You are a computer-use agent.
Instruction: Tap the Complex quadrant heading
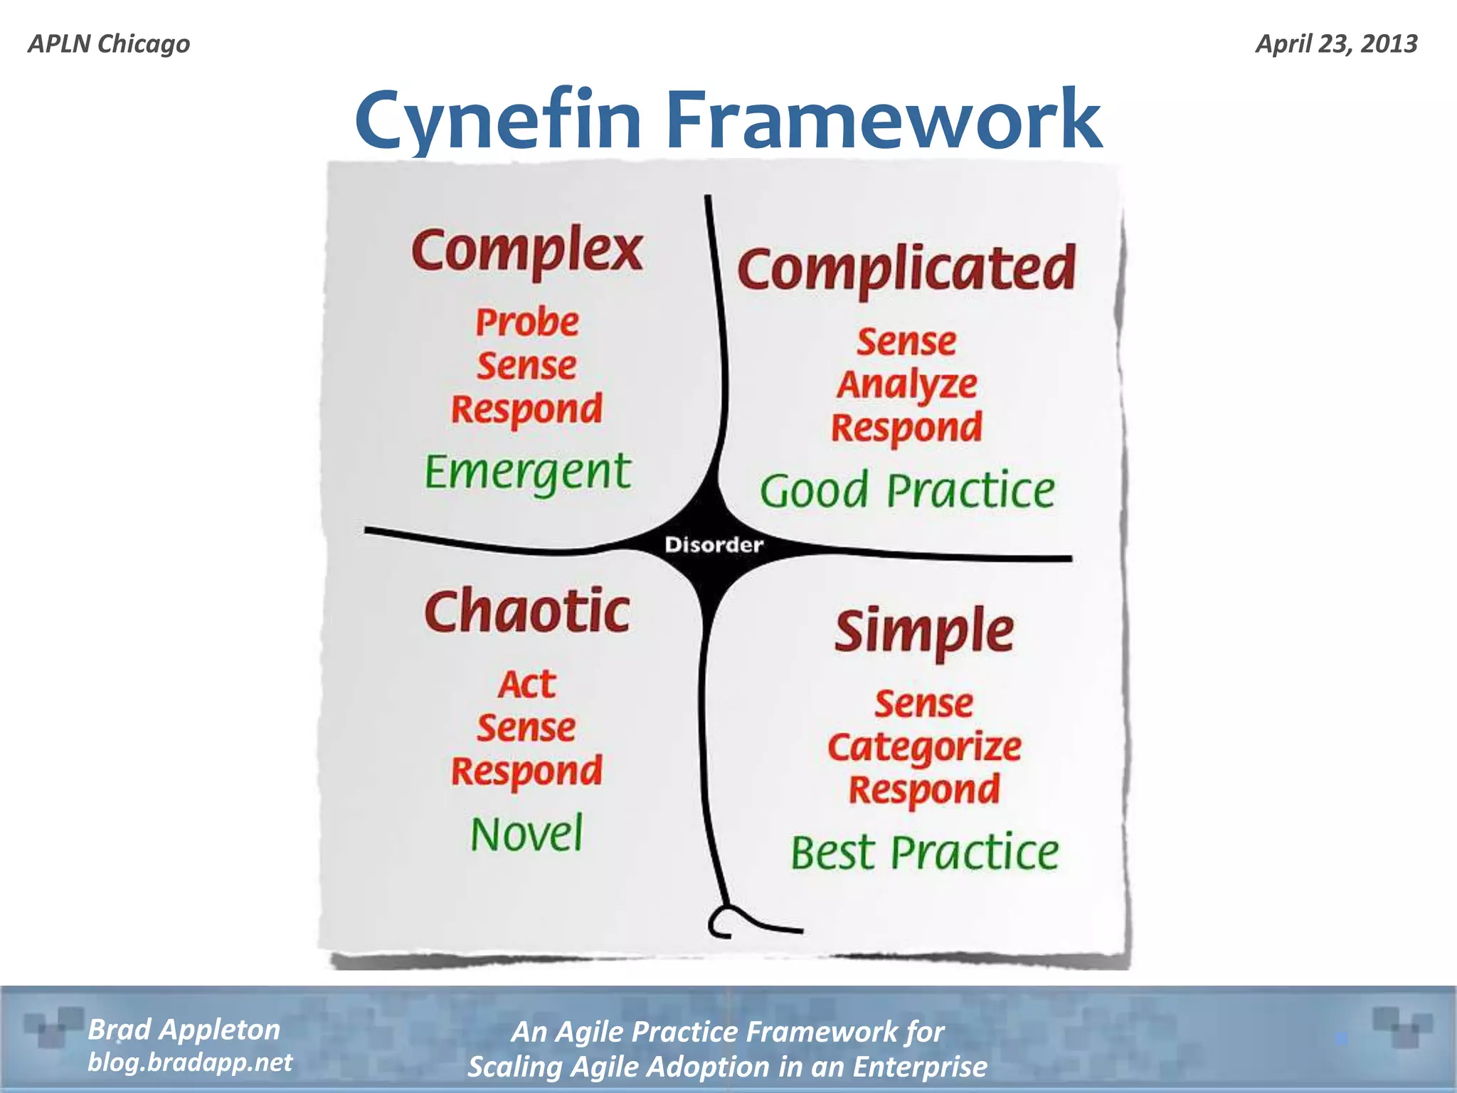527,250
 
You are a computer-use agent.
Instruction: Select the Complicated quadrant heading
906,269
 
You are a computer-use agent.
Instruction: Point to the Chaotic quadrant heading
527,612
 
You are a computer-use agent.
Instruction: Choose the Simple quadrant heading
924,631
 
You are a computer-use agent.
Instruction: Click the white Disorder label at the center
714,545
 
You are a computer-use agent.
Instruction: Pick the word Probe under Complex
527,322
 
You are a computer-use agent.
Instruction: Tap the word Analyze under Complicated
906,385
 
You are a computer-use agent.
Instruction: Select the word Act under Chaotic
526,685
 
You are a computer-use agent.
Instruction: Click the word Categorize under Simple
924,747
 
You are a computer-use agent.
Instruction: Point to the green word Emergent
527,472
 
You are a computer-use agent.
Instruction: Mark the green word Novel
526,834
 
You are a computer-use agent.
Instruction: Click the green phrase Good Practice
907,491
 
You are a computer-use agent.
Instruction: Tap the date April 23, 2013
1336,44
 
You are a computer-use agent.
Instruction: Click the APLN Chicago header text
109,44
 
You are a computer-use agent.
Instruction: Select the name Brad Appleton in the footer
184,1030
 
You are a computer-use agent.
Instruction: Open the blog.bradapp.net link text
189,1062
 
